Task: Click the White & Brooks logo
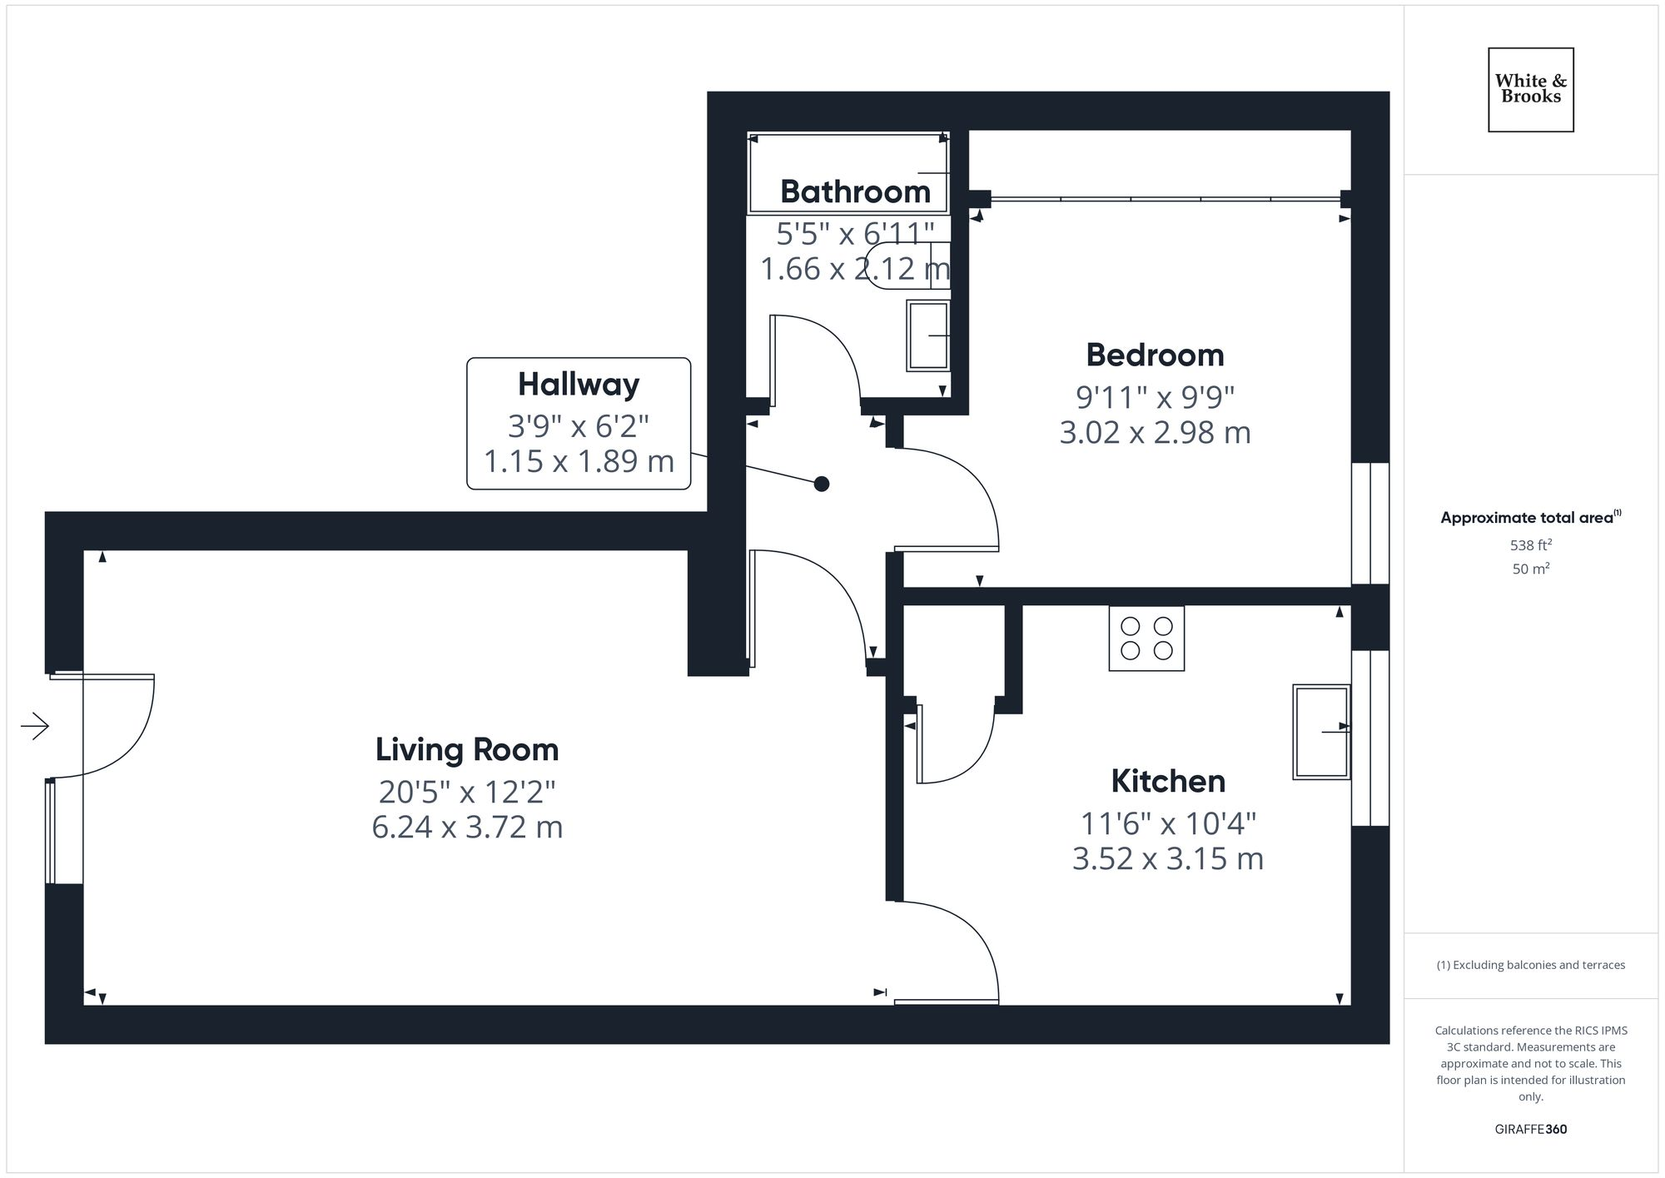click(x=1530, y=89)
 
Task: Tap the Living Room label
click(x=466, y=749)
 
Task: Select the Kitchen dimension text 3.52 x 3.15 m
click(x=1167, y=858)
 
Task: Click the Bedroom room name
click(x=1155, y=355)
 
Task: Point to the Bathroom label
click(x=855, y=191)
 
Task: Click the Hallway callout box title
click(x=579, y=384)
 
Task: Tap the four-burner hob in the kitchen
click(x=1146, y=639)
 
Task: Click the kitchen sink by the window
click(x=1320, y=731)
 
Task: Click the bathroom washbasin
click(x=928, y=336)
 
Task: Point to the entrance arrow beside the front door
click(x=35, y=726)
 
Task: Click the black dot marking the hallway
click(x=821, y=484)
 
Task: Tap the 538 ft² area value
click(x=1530, y=545)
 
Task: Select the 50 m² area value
click(x=1530, y=569)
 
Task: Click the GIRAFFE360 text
click(x=1530, y=1129)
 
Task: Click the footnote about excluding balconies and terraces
click(x=1530, y=965)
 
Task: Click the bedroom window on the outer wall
click(x=1369, y=523)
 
